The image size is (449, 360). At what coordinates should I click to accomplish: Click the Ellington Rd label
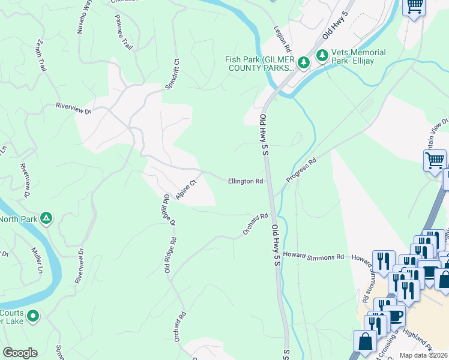(x=245, y=181)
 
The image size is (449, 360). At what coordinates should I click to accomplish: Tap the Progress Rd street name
(x=301, y=170)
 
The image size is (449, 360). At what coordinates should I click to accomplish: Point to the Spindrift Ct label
(x=172, y=74)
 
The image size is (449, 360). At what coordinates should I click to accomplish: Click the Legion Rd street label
(x=282, y=38)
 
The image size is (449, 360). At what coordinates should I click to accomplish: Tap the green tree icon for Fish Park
(x=304, y=62)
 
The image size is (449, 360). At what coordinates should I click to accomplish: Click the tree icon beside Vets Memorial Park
(x=322, y=55)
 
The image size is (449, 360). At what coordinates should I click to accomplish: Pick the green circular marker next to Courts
(x=33, y=314)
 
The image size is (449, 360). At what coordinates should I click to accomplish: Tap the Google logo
(x=20, y=353)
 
